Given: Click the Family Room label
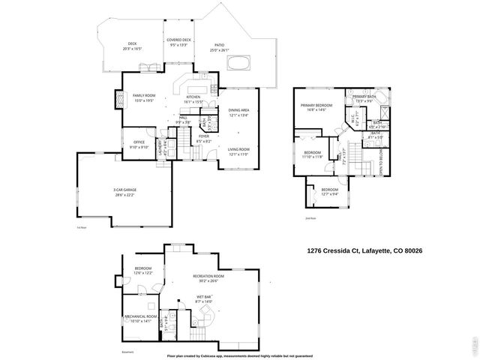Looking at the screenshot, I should [x=143, y=97].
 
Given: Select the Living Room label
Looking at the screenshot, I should [x=238, y=151].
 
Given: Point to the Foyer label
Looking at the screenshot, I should [x=203, y=138].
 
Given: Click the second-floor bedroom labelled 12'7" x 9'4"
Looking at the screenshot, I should [x=330, y=191].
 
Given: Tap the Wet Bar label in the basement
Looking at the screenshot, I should [x=203, y=298].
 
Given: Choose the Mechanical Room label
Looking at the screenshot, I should [x=142, y=318].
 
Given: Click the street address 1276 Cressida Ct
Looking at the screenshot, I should [x=365, y=250].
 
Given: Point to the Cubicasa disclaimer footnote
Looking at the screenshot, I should [x=239, y=355].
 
